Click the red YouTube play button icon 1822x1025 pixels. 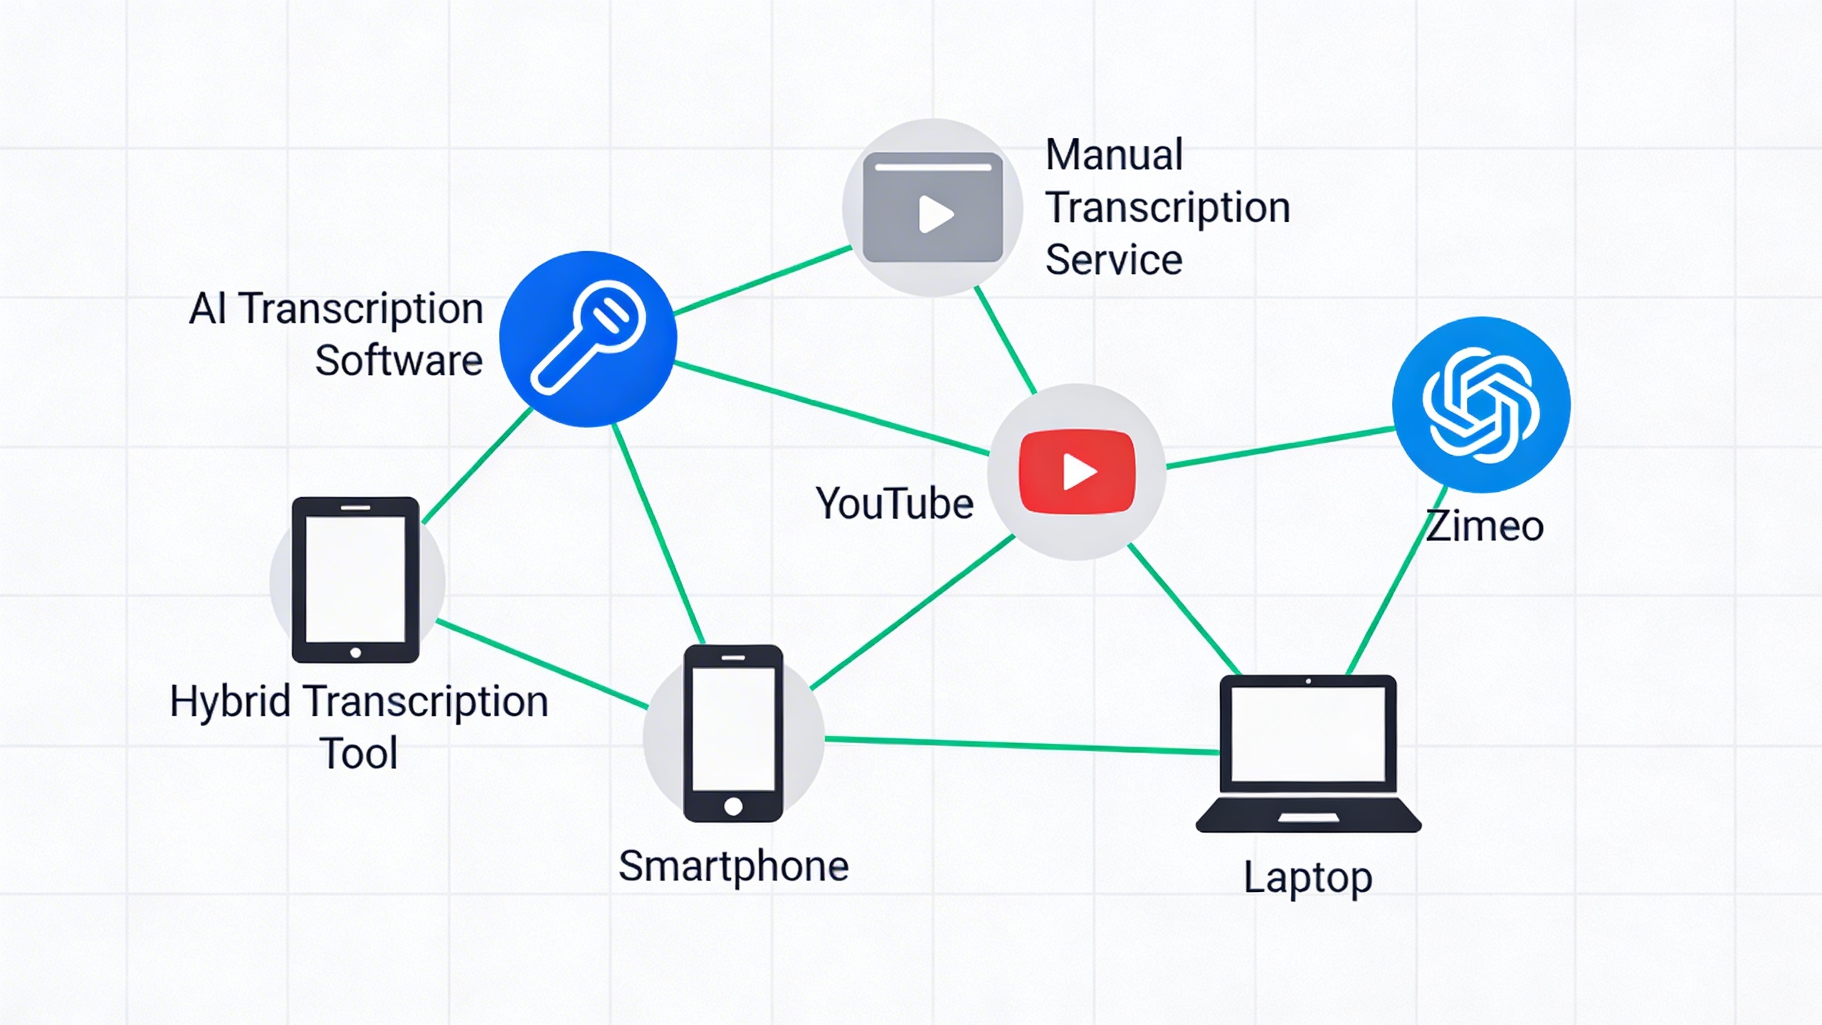(x=1077, y=471)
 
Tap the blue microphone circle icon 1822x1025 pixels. (x=588, y=339)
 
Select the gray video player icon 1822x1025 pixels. (x=932, y=207)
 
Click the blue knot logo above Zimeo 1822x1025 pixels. (x=1481, y=404)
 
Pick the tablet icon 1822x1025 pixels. (x=356, y=580)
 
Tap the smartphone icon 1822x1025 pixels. (x=733, y=733)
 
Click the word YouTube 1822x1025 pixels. (x=894, y=504)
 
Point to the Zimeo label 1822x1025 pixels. (x=1485, y=527)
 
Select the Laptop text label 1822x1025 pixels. (x=1307, y=878)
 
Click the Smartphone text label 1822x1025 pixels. (x=733, y=866)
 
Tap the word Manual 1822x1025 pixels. (x=1114, y=154)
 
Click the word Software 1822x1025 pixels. (x=399, y=360)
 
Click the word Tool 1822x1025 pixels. (x=358, y=753)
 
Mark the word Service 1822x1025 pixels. (x=1114, y=259)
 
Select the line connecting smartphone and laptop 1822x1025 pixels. (x=1021, y=745)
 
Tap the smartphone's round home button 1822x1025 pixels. (x=733, y=806)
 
